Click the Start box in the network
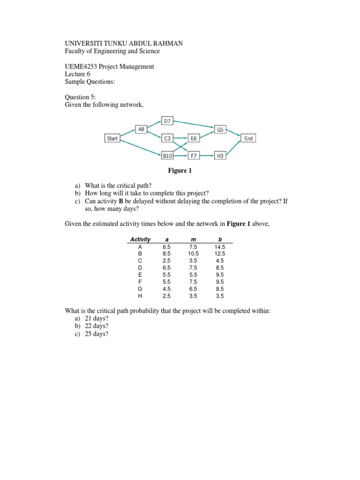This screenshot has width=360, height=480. pyautogui.click(x=112, y=138)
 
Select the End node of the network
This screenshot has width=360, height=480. pyautogui.click(x=248, y=138)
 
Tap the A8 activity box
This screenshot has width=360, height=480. pyautogui.click(x=141, y=128)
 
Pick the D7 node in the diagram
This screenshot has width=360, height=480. pyautogui.click(x=167, y=120)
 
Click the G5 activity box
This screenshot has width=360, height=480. pyautogui.click(x=220, y=130)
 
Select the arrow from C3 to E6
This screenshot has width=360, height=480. pyautogui.click(x=181, y=138)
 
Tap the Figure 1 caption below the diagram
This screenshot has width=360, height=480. pyautogui.click(x=180, y=171)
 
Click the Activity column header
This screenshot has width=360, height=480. pyautogui.click(x=140, y=240)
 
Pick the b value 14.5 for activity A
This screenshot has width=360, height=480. pyautogui.click(x=220, y=247)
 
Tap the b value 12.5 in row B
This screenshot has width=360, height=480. pyautogui.click(x=220, y=254)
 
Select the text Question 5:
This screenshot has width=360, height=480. pyautogui.click(x=80, y=97)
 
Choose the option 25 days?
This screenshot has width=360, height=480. pyautogui.click(x=96, y=334)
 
